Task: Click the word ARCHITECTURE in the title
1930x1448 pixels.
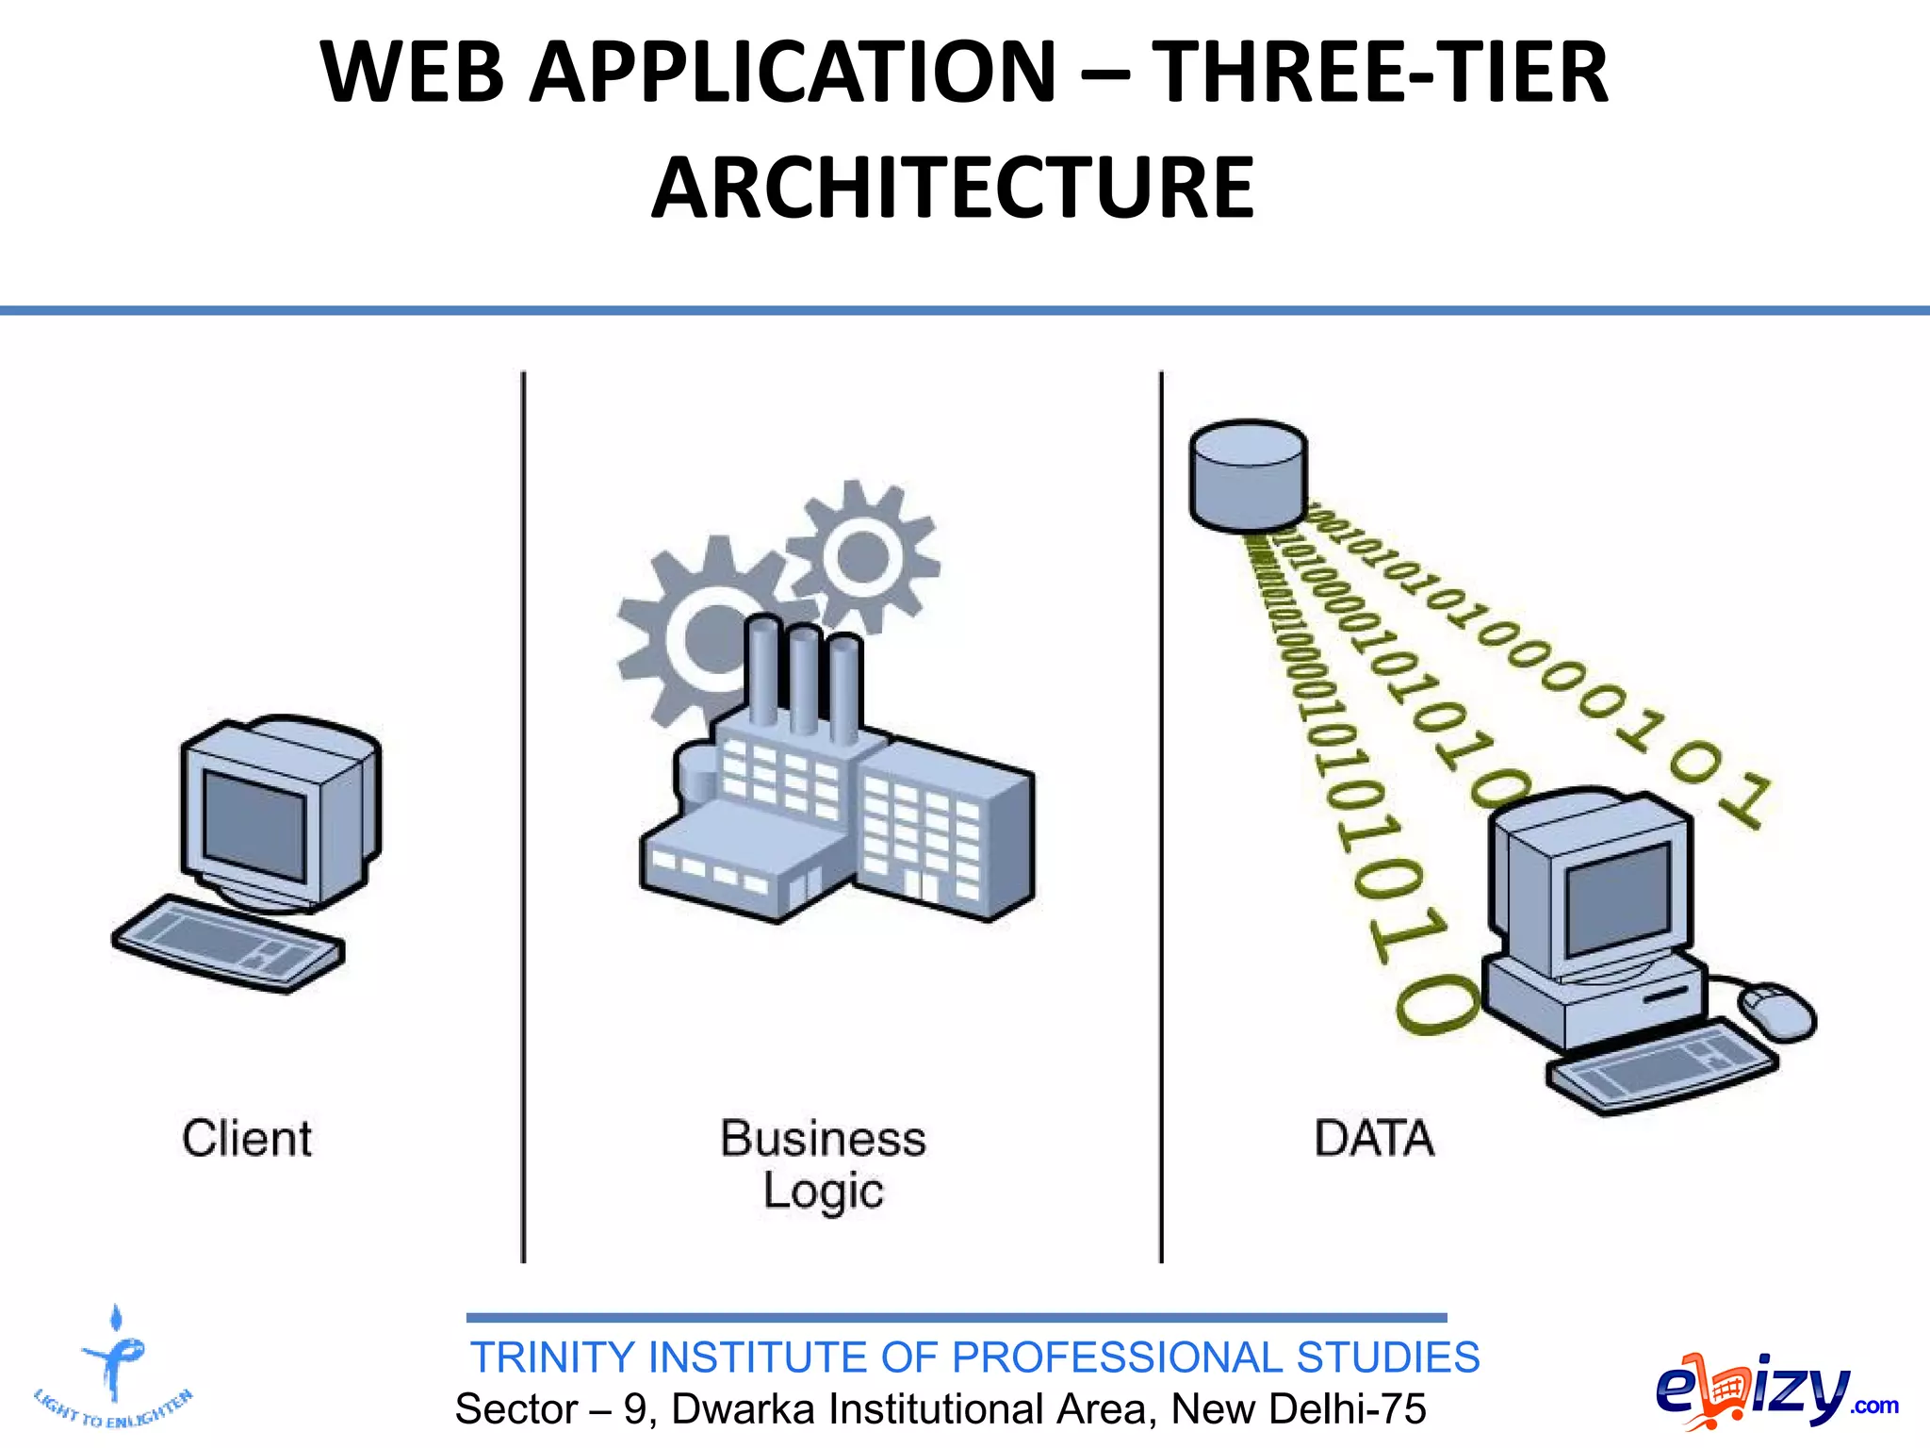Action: (x=952, y=189)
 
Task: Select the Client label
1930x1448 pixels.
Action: (x=247, y=1139)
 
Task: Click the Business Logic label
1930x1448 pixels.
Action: (x=824, y=1164)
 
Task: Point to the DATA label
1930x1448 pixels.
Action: (x=1374, y=1139)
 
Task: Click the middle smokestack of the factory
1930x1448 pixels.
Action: (x=803, y=679)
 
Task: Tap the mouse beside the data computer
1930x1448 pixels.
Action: (x=1776, y=1012)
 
